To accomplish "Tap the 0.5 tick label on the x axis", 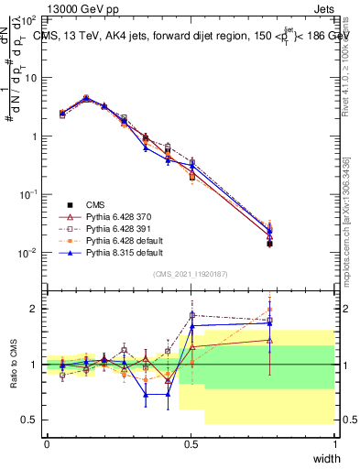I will tap(191, 444).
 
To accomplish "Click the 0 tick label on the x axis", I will tap(47, 444).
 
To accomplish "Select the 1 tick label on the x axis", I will tap(334, 444).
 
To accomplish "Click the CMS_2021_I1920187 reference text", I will tap(190, 273).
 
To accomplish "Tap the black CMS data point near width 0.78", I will tap(269, 244).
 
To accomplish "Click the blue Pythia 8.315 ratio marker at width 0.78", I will tap(269, 322).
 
